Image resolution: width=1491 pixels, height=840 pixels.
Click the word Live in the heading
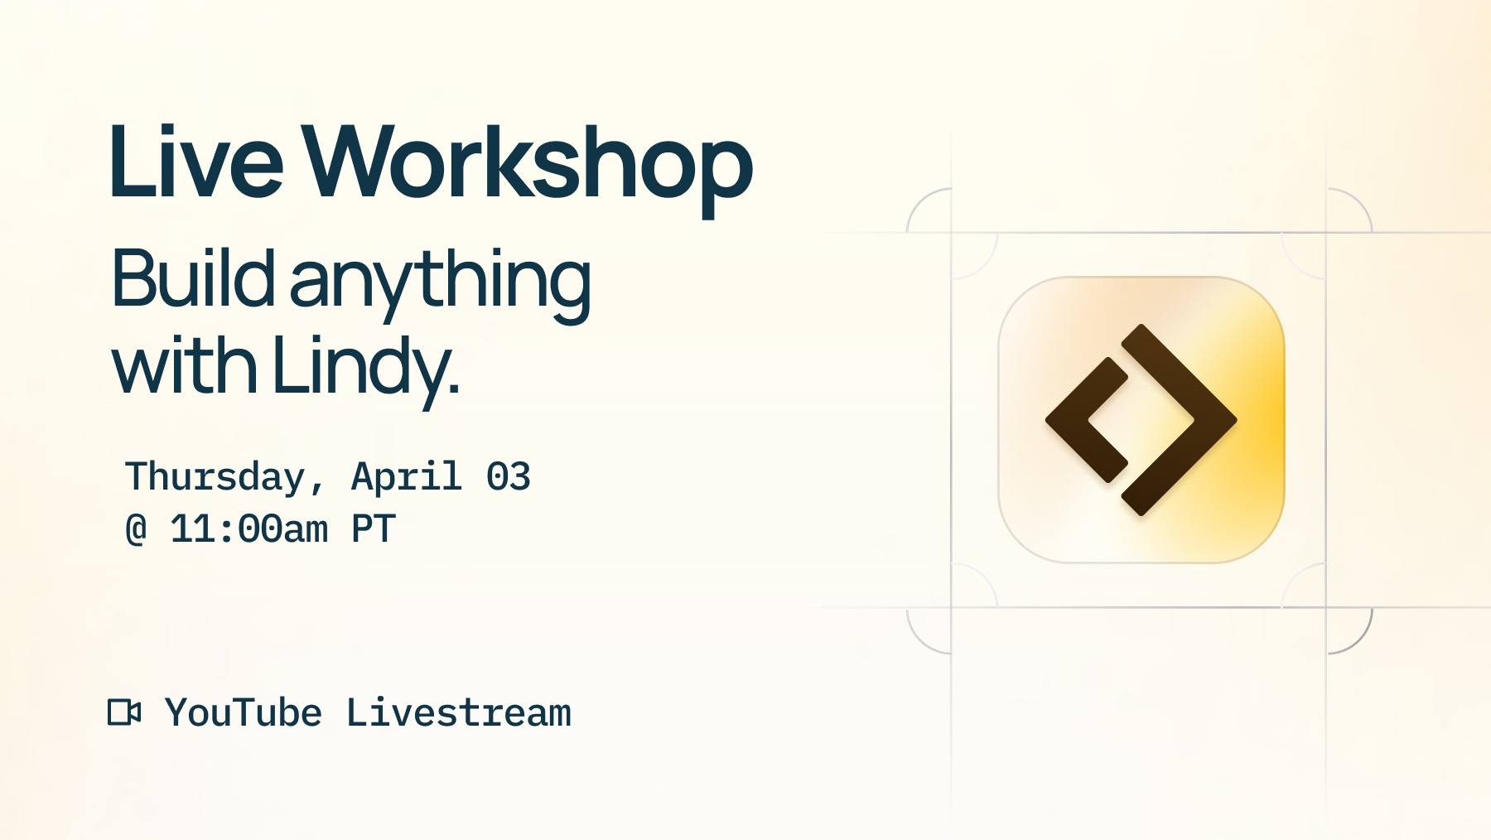(x=195, y=162)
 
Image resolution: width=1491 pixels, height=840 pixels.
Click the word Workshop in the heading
(x=527, y=162)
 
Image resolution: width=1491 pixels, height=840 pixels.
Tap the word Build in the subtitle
(x=192, y=280)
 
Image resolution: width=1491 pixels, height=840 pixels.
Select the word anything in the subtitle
(x=440, y=282)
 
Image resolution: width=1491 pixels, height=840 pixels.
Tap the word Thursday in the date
(x=215, y=477)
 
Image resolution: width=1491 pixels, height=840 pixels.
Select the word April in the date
(x=406, y=477)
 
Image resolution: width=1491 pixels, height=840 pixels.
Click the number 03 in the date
(x=508, y=477)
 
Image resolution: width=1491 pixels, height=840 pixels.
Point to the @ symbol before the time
(x=136, y=529)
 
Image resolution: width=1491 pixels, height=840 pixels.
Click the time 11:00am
(x=248, y=529)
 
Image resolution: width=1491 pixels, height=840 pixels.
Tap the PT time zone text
(x=374, y=529)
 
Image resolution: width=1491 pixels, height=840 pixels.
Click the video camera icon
(x=124, y=712)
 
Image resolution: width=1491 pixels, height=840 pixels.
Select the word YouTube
(x=243, y=713)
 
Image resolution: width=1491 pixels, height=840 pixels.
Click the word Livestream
(x=458, y=713)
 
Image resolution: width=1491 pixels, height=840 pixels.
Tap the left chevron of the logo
(x=1077, y=420)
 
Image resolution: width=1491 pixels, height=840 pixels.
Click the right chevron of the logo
(x=1193, y=420)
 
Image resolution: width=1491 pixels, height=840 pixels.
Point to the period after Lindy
(x=454, y=389)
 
